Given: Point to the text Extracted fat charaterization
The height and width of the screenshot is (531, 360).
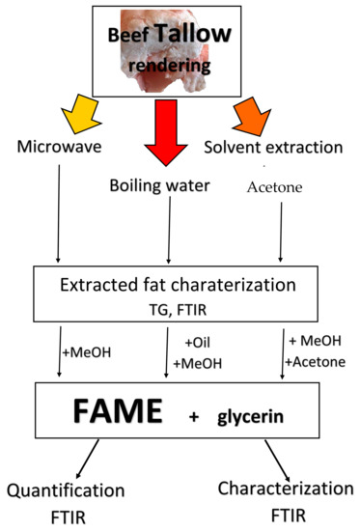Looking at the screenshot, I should [179, 287].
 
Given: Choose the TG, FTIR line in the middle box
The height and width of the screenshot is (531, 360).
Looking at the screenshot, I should [179, 310].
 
